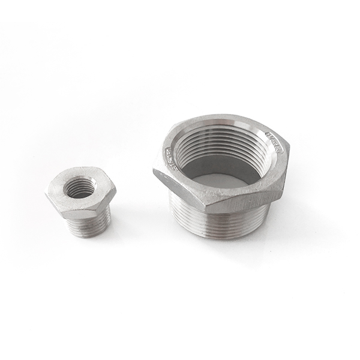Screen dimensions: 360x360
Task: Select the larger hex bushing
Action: coord(221,174)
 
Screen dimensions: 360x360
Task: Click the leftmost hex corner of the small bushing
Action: coord(46,194)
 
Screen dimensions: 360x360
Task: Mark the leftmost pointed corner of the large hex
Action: coord(153,173)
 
